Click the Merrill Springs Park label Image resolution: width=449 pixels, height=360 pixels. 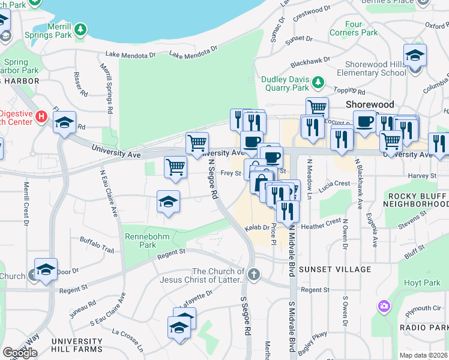pos(53,35)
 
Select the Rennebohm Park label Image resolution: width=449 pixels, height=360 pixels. pos(140,241)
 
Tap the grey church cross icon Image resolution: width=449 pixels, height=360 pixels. pos(254,275)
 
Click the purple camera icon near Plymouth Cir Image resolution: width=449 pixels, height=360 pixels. pos(384,307)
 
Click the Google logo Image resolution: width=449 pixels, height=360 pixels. pos(20,352)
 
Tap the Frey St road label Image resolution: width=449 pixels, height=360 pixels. pos(231,173)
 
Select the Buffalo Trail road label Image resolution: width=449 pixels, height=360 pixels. pos(97,244)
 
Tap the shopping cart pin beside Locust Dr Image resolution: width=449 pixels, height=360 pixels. pos(317,109)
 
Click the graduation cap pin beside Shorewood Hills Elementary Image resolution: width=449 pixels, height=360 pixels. pos(415,56)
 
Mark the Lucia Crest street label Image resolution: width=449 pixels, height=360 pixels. pos(334,184)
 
